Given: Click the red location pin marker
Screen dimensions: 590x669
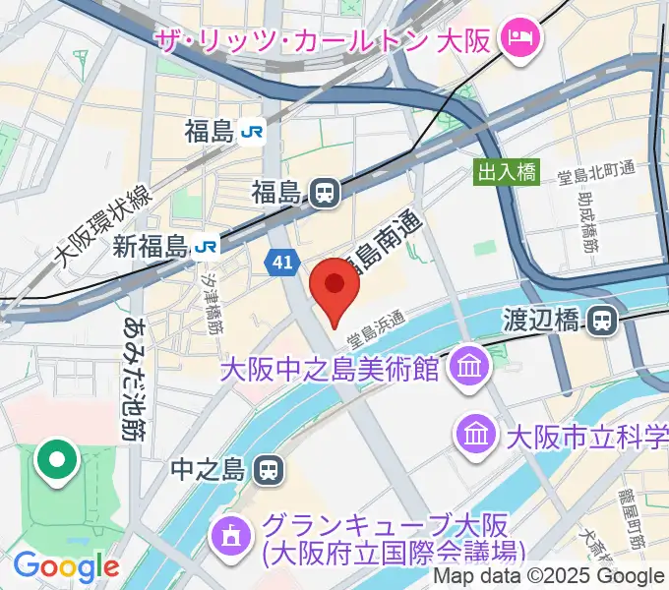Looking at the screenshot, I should click(334, 285).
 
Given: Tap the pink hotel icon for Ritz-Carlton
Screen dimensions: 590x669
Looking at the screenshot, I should click(516, 40).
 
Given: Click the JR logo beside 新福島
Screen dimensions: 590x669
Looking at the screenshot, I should click(206, 247).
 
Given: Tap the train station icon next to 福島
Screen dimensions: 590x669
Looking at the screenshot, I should click(324, 193).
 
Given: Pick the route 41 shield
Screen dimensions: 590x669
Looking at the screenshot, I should click(281, 262).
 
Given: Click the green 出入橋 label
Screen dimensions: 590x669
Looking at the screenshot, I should click(507, 172).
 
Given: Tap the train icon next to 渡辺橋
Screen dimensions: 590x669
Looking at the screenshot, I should click(603, 320).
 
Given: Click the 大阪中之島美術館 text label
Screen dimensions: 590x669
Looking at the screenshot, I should click(329, 370).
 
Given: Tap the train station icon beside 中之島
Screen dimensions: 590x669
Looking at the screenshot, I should click(265, 470).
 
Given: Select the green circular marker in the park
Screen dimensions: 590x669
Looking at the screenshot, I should click(58, 460).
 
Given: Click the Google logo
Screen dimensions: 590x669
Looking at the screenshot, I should click(65, 566).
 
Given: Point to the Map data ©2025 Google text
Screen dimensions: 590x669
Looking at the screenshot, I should click(549, 576).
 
